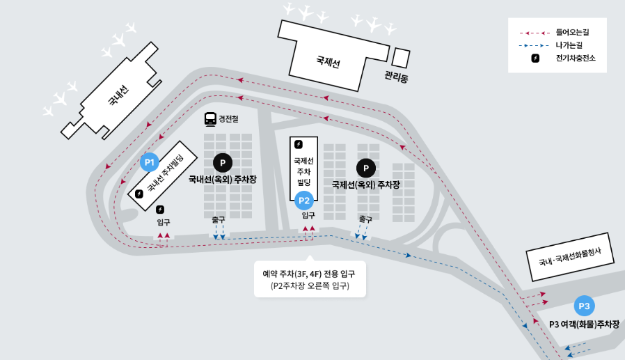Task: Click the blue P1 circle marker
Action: (x=149, y=162)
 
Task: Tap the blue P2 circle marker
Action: (x=304, y=201)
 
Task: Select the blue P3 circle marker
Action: (x=584, y=306)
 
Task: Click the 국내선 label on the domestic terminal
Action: (x=119, y=96)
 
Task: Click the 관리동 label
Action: (x=396, y=77)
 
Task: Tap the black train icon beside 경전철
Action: (x=210, y=119)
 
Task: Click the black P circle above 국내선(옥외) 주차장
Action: (x=222, y=163)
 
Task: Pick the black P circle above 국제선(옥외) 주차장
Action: (x=365, y=168)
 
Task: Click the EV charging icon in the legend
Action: (x=535, y=58)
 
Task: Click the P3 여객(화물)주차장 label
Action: (x=583, y=324)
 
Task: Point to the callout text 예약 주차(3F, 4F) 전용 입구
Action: (x=309, y=274)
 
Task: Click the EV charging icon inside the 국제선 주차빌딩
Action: (x=299, y=144)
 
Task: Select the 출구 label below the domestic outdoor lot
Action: (x=219, y=219)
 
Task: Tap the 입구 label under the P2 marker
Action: (x=308, y=216)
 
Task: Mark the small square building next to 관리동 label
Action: (x=402, y=56)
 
